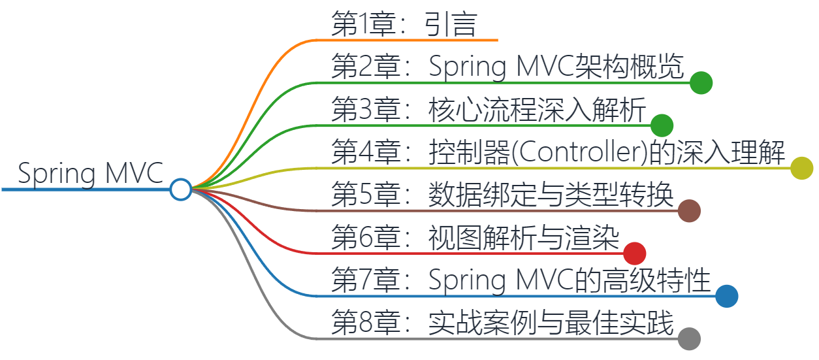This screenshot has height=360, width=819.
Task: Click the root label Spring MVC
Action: point(90,173)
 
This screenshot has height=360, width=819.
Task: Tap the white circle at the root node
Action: point(180,189)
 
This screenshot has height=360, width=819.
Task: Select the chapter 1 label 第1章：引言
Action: point(404,25)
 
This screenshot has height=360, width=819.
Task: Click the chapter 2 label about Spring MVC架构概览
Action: point(507,67)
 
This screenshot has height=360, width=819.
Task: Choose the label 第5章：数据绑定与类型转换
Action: point(502,195)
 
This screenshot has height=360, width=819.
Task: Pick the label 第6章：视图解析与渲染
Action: point(475,237)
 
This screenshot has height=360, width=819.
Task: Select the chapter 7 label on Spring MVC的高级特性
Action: point(521,280)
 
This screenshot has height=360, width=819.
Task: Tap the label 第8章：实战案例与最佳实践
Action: point(502,323)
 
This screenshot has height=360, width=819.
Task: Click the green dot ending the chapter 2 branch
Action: point(701,83)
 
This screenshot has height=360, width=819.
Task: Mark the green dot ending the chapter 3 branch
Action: point(662,125)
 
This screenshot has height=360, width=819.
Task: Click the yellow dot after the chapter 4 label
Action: point(801,168)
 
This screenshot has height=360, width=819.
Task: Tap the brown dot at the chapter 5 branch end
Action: point(689,211)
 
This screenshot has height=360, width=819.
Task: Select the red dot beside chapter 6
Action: point(635,254)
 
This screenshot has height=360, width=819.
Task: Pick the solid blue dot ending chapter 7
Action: point(726,296)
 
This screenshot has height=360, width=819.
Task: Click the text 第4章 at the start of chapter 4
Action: point(365,152)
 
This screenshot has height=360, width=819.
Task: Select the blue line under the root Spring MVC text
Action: point(85,189)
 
